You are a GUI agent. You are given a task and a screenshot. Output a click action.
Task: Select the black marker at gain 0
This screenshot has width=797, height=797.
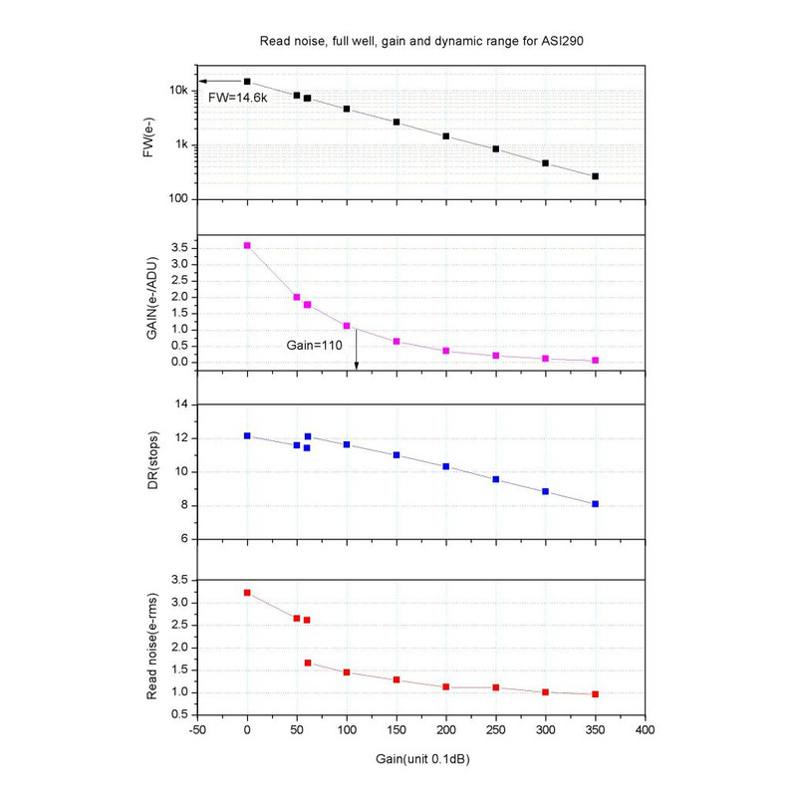[x=247, y=82]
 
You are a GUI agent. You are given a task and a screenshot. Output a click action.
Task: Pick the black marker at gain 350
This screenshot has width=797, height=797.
[x=596, y=176]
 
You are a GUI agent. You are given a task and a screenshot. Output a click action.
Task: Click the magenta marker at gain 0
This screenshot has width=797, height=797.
[x=247, y=245]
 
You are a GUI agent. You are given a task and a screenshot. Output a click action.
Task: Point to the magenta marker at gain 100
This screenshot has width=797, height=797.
[x=347, y=326]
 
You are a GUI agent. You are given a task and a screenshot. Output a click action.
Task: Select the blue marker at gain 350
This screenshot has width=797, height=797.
[x=596, y=504]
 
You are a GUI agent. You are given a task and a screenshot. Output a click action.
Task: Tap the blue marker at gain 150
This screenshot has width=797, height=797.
[x=397, y=455]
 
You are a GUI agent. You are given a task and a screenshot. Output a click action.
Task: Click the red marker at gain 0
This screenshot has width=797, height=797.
[x=247, y=593]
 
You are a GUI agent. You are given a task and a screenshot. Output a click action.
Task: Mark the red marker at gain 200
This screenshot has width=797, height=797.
[x=446, y=687]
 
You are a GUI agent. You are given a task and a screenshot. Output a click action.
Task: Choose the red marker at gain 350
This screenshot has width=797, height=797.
[x=596, y=694]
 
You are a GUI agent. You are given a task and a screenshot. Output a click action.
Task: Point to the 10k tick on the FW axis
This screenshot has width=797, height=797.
[x=179, y=91]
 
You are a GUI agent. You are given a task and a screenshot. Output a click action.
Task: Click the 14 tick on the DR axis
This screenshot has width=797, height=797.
[x=181, y=404]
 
